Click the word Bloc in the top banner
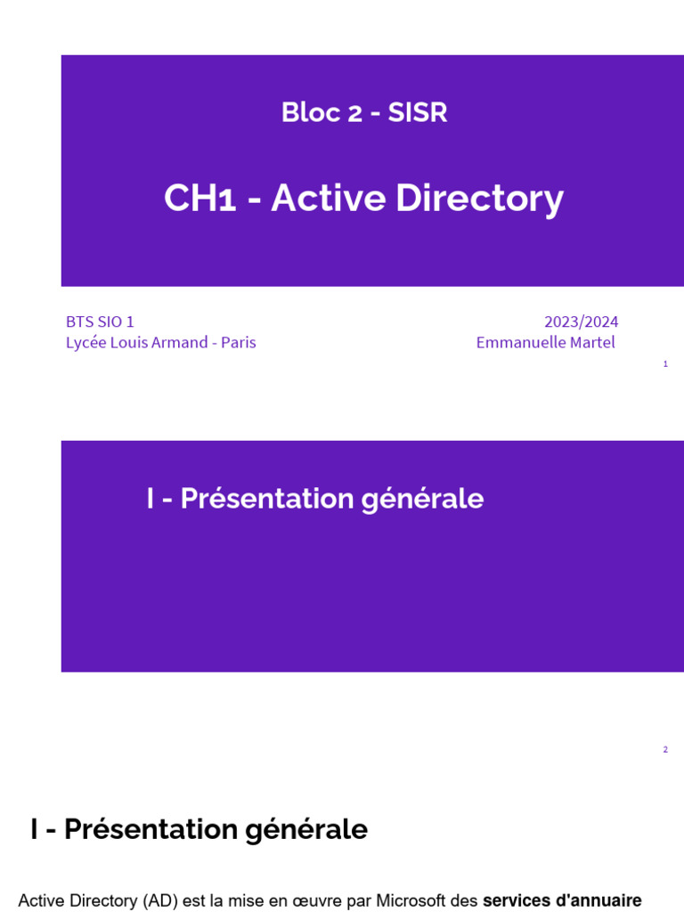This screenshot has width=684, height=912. [x=305, y=113]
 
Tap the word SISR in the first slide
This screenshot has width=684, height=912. [x=418, y=113]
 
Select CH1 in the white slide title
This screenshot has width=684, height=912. [x=199, y=199]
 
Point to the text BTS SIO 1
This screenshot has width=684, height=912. [x=100, y=322]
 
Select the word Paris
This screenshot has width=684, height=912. [x=239, y=343]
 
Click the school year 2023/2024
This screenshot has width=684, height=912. [x=581, y=322]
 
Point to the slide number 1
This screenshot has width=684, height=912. [x=665, y=364]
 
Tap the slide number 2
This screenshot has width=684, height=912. [x=665, y=750]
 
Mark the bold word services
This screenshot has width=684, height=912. [x=516, y=901]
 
